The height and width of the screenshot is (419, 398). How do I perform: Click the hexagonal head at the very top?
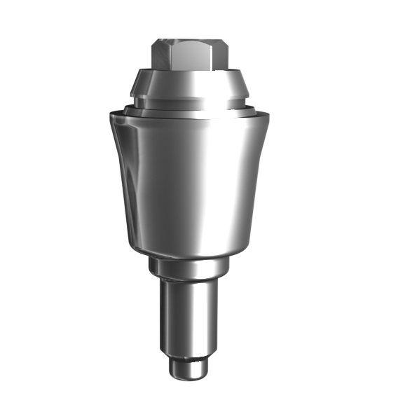tap(189, 55)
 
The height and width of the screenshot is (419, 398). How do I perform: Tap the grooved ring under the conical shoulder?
tap(189, 102)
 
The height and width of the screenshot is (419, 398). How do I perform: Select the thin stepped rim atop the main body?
tap(189, 111)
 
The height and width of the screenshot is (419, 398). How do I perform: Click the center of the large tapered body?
tap(189, 179)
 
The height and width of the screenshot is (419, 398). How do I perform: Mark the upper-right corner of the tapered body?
tap(267, 118)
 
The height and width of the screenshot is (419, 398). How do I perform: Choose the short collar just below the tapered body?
tap(189, 268)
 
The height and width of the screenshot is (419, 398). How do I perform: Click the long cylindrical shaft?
tap(189, 319)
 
